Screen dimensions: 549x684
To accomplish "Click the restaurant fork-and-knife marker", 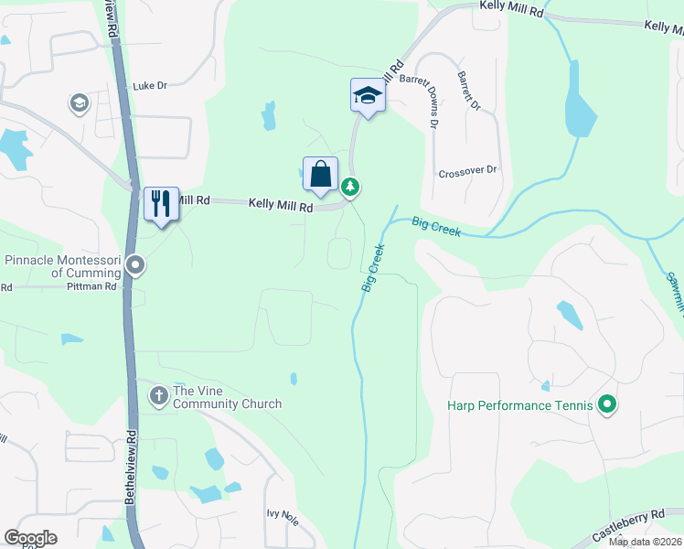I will (162, 203).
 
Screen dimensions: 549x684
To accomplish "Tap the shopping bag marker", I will (320, 174).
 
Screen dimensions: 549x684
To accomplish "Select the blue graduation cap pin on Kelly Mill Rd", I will (367, 96).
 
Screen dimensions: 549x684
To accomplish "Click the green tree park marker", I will (350, 187).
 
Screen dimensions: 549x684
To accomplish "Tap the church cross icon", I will (158, 395).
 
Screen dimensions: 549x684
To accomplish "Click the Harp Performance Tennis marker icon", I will (606, 404).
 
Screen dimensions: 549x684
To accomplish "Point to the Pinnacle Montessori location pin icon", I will (136, 266).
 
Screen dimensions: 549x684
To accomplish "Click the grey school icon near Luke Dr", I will (80, 103).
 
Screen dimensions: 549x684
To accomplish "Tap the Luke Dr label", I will (150, 86).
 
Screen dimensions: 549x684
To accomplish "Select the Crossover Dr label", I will (466, 171).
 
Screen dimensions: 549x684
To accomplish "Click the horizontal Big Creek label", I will (436, 225).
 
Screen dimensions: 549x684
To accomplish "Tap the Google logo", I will (30, 538).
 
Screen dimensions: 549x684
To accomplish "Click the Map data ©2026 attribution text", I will (645, 542).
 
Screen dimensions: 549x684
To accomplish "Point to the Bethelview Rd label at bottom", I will (132, 462).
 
